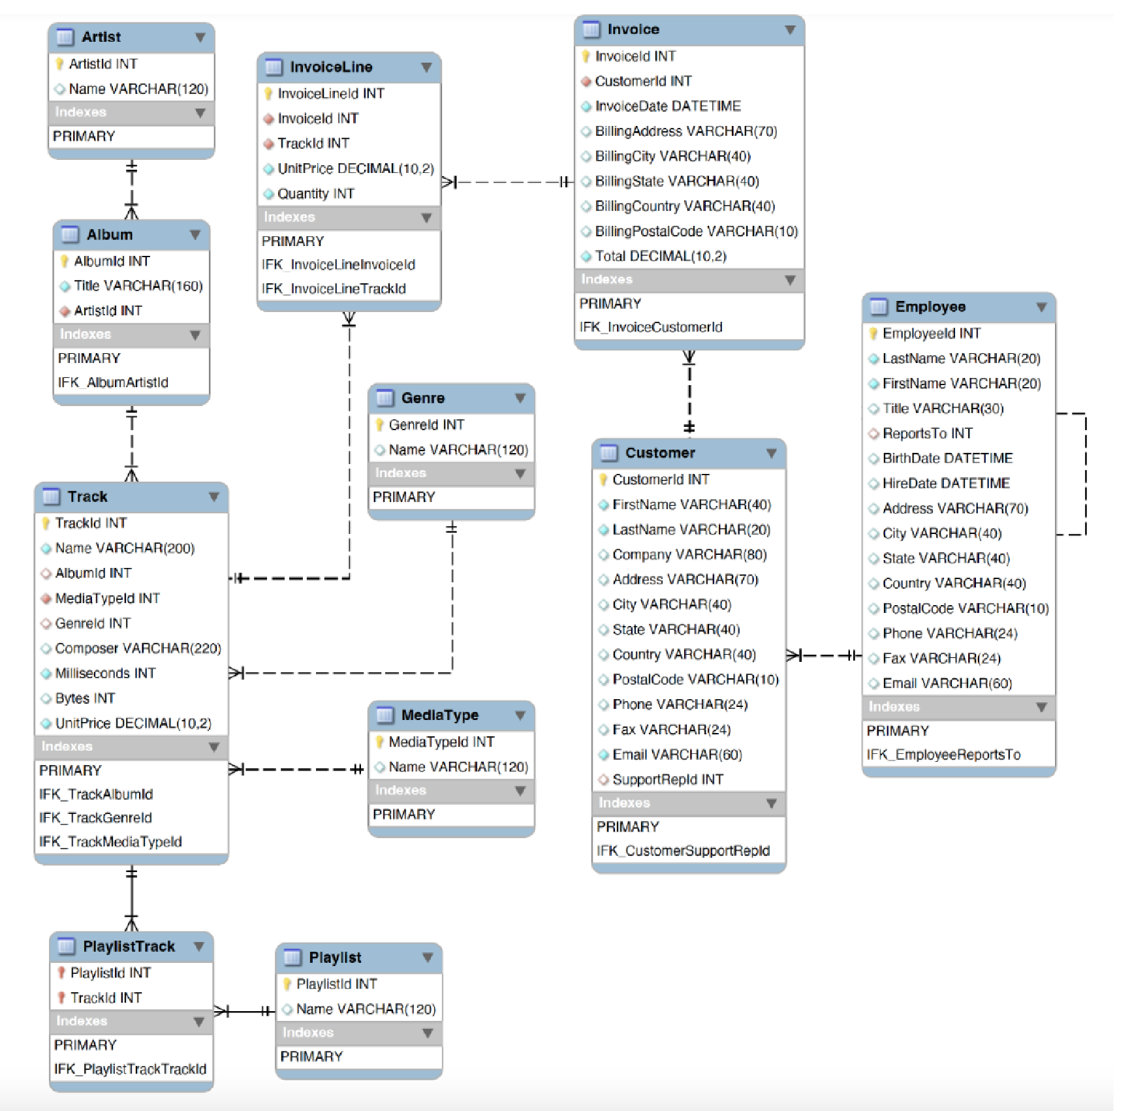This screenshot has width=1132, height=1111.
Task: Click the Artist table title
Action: click(101, 37)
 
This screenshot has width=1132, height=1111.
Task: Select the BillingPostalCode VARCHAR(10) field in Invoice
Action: click(696, 231)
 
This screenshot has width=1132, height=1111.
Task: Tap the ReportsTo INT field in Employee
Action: click(927, 433)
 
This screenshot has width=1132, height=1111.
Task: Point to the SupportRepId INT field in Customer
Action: click(667, 779)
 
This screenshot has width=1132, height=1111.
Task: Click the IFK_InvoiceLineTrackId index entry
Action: click(334, 289)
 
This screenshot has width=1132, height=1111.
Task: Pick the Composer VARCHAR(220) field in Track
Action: click(138, 648)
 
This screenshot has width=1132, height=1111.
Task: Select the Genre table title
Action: click(423, 398)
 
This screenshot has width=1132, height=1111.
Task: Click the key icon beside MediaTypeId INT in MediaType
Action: click(379, 742)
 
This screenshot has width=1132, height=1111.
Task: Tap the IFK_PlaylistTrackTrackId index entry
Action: click(130, 1069)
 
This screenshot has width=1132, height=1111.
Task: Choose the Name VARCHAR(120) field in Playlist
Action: click(366, 1009)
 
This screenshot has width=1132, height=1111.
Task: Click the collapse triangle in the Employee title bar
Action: click(1041, 307)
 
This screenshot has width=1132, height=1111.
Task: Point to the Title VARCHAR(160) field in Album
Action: click(138, 286)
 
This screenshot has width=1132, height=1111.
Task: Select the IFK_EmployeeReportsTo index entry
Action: click(943, 755)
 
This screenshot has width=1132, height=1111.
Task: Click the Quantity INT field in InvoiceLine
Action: click(315, 194)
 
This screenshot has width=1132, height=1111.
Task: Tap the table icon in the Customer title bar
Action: click(608, 453)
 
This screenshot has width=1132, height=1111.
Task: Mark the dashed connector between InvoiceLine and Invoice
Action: click(509, 182)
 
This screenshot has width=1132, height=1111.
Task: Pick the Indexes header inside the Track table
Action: click(67, 746)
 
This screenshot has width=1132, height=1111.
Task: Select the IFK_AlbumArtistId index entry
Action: click(113, 383)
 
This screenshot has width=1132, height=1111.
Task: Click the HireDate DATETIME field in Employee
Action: click(945, 484)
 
